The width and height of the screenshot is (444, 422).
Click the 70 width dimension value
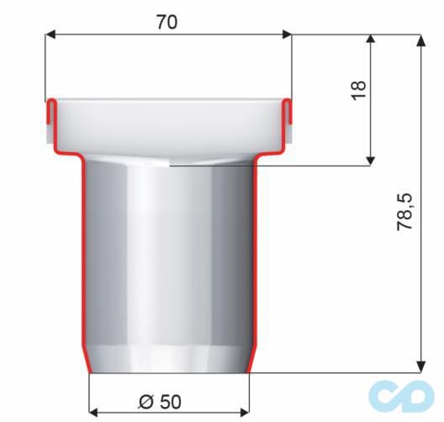pyautogui.click(x=166, y=23)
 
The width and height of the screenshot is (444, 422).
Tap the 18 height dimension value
pyautogui.click(x=359, y=90)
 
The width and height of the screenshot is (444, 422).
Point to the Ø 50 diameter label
pyautogui.click(x=160, y=401)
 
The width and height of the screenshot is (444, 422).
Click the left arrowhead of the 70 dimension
pyautogui.click(x=50, y=34)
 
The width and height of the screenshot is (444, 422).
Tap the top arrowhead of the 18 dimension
pyautogui.click(x=371, y=40)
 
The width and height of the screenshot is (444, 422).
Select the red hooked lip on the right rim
pyautogui.click(x=287, y=113)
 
